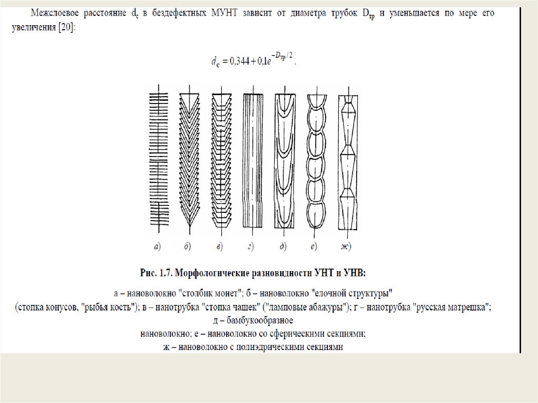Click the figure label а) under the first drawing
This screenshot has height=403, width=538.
click(x=157, y=245)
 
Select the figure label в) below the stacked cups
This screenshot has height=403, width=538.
click(x=219, y=245)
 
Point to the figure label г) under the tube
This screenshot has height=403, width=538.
click(x=251, y=245)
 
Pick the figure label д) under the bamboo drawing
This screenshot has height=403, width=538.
click(x=284, y=245)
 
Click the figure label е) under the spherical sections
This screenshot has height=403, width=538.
click(x=314, y=245)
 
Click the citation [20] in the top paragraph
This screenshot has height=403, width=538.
click(x=67, y=30)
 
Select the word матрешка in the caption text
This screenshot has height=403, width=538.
click(x=466, y=307)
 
